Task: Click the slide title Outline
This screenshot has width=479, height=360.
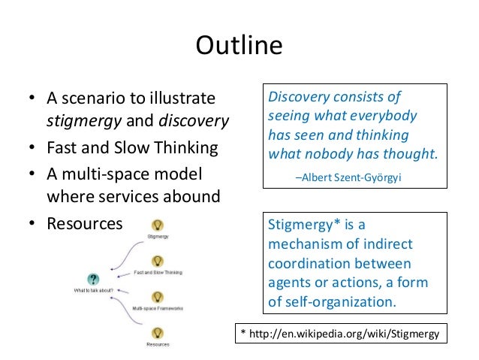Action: (x=239, y=47)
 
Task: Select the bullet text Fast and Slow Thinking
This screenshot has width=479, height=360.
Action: (x=132, y=147)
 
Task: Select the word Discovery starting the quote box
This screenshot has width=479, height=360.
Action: (x=299, y=98)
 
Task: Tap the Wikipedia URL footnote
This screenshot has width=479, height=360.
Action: (x=342, y=331)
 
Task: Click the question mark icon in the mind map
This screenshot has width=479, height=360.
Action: (x=93, y=278)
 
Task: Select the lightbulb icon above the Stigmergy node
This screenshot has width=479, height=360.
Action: (x=158, y=225)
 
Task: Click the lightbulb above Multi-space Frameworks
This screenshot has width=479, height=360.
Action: (x=158, y=297)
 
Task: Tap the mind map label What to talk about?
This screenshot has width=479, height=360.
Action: (x=93, y=290)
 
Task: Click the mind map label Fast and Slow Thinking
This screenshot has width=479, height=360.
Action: (x=158, y=272)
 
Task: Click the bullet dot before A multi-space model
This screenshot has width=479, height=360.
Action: (x=32, y=174)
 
